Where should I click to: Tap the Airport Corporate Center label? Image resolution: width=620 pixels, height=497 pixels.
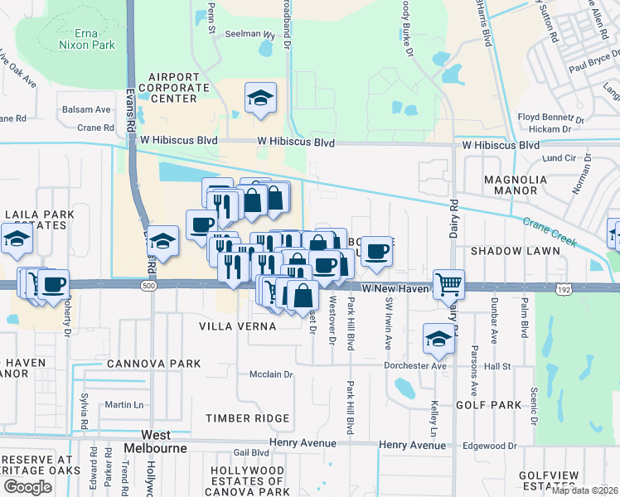[173, 88]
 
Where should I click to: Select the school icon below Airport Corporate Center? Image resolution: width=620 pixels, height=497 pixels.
[261, 99]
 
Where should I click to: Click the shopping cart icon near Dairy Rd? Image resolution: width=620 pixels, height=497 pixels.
[448, 285]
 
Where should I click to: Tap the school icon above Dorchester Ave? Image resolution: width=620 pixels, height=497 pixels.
[438, 338]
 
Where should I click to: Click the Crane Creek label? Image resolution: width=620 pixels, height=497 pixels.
[549, 231]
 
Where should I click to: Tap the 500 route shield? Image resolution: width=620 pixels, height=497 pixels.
[148, 286]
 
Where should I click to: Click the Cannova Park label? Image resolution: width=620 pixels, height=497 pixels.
[153, 364]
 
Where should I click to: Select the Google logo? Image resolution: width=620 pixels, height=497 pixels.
[27, 487]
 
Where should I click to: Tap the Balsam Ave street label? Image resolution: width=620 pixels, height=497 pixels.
[84, 109]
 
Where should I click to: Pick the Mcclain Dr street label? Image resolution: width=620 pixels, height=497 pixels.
[272, 374]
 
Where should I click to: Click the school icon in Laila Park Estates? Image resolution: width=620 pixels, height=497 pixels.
[16, 240]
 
